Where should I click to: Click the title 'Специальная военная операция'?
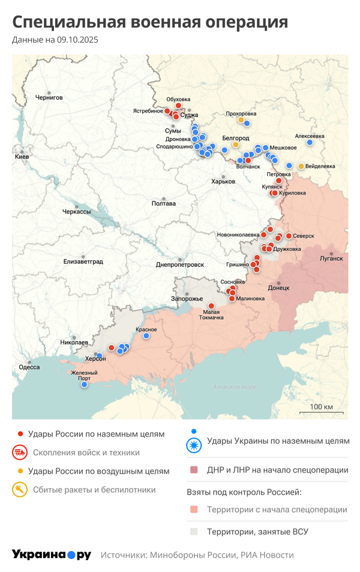coord(150,22)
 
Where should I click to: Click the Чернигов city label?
coord(49,97)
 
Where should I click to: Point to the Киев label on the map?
coord(22,156)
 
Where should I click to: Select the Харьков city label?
coord(223,182)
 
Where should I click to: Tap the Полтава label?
coord(164,203)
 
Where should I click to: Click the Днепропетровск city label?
coord(180,264)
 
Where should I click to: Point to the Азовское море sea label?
coord(235,387)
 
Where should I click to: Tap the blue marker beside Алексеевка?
coord(310,143)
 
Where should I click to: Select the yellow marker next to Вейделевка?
coord(301,166)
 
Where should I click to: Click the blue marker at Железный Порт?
coord(85,384)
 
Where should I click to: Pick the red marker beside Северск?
coord(289,236)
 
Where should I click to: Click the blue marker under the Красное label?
coord(146,336)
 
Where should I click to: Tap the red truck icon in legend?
coord(20,453)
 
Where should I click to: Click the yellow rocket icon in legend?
coord(20,490)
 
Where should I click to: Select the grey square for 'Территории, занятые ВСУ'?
coord(193,531)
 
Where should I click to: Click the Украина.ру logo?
coord(52,555)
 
